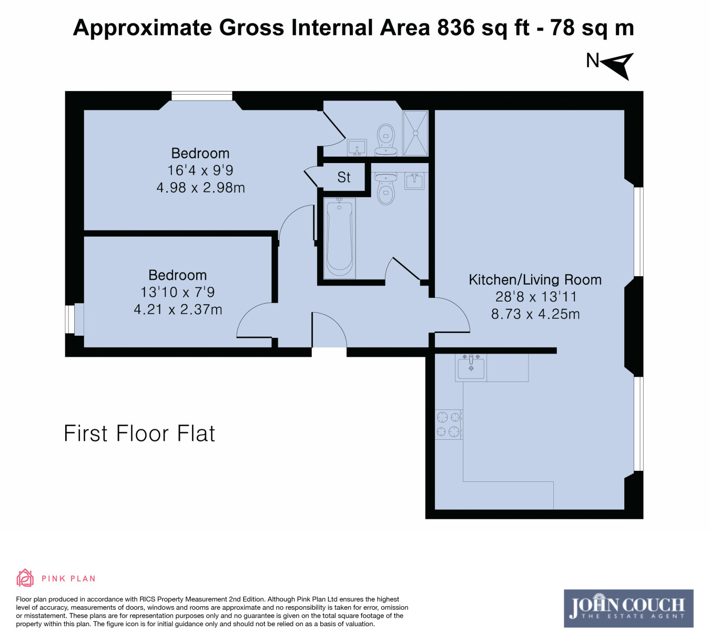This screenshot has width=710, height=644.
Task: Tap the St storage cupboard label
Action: click(x=343, y=177)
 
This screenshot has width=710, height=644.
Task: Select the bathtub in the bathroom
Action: click(x=339, y=238)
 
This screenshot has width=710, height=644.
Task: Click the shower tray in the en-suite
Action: click(x=415, y=133)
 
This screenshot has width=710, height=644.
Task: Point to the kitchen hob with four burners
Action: click(x=449, y=425)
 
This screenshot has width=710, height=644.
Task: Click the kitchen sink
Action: click(x=471, y=368)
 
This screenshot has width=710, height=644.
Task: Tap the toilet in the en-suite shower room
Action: click(x=386, y=140)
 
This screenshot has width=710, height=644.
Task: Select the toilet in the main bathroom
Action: click(x=386, y=188)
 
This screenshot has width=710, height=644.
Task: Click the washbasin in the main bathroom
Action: click(x=414, y=181)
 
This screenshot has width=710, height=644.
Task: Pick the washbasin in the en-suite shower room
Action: click(x=357, y=148)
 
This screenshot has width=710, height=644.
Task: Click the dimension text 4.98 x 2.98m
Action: click(x=201, y=188)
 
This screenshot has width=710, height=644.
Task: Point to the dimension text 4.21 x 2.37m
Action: click(x=178, y=309)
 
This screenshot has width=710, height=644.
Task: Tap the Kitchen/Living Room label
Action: click(x=535, y=280)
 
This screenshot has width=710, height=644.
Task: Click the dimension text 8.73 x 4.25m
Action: click(x=535, y=314)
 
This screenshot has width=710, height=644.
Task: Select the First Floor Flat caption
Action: click(x=139, y=434)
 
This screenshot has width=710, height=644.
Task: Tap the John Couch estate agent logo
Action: click(x=628, y=608)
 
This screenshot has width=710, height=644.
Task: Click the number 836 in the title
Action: click(x=456, y=28)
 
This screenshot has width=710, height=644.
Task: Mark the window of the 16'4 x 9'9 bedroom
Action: click(x=202, y=96)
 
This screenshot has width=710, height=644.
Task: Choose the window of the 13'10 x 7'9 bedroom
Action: click(x=70, y=319)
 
